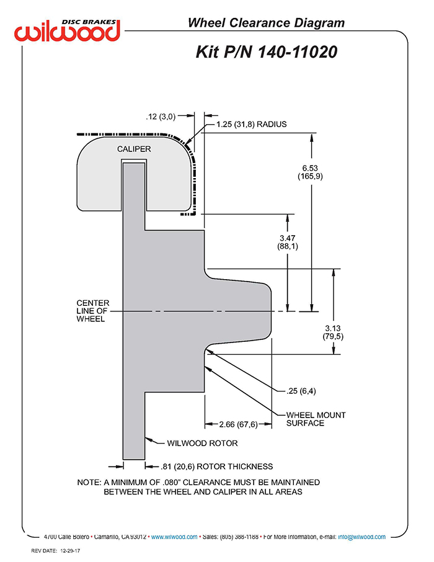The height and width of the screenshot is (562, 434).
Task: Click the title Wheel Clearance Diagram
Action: (266, 22)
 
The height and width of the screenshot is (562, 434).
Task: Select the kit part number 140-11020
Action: (298, 51)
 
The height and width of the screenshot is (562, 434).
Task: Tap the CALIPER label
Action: (134, 149)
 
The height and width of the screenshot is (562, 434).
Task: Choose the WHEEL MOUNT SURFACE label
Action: (316, 419)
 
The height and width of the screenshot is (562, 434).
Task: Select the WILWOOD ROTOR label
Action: (202, 443)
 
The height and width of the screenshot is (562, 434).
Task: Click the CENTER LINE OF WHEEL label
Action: (93, 311)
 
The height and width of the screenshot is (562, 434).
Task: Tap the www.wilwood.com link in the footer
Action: (174, 537)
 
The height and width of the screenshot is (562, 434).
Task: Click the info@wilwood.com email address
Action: (361, 537)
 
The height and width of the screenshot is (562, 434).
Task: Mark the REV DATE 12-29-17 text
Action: (56, 551)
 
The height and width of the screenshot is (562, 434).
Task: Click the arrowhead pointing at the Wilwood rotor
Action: (148, 439)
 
